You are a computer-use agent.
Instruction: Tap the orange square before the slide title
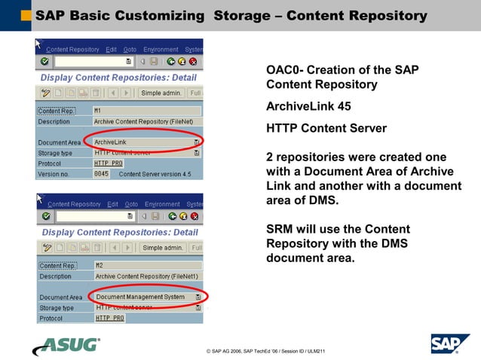click(26, 15)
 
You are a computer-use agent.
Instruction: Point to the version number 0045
click(101, 174)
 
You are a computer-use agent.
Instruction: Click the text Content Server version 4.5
click(155, 174)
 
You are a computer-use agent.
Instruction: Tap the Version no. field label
click(55, 174)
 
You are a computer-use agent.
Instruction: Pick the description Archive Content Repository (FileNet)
click(143, 121)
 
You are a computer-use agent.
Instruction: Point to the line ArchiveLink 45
click(308, 106)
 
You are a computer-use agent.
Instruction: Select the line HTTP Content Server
click(326, 128)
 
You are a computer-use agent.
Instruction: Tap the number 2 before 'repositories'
click(271, 157)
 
